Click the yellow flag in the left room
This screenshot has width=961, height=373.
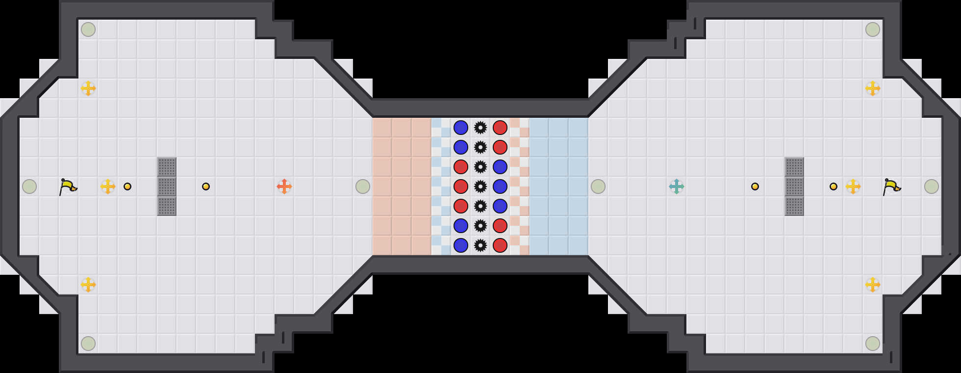coord(68,186)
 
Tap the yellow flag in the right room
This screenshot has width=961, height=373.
coord(891,186)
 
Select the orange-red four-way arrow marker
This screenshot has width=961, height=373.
coord(284,186)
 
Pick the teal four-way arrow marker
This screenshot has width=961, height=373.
coord(677,186)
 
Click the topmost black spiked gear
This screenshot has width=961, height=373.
coord(480,128)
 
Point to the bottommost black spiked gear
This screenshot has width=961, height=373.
coord(480,245)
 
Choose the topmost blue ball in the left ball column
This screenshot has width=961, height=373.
coord(461,128)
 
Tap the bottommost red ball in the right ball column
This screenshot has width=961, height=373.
coord(500,245)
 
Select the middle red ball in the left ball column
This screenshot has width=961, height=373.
coord(461,186)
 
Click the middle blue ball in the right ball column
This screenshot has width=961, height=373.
coord(500,186)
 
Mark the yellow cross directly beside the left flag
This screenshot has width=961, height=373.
coord(108,186)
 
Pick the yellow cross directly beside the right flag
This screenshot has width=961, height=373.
coord(853,186)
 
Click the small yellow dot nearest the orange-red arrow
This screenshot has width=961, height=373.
coord(206,186)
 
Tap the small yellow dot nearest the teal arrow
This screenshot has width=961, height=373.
coord(755,186)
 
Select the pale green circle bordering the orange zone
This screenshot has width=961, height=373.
coord(363,186)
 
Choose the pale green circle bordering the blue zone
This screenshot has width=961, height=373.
coord(598,186)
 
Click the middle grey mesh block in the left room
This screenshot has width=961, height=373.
coord(167,186)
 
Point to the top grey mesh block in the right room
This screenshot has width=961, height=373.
coord(794,167)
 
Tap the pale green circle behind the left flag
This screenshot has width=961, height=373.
coord(29,186)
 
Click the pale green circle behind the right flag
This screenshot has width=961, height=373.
coord(932,186)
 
